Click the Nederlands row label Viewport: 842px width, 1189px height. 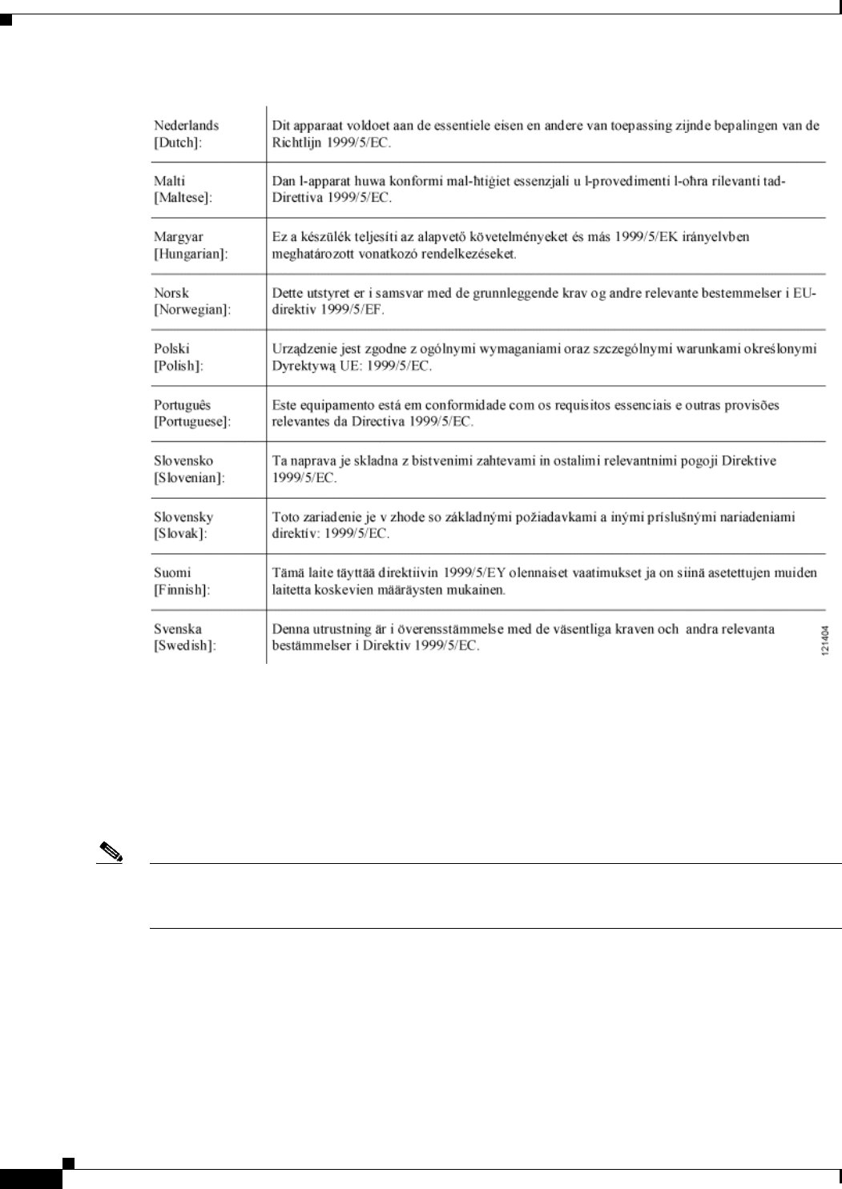(x=186, y=126)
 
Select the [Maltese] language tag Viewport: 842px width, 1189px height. (x=183, y=198)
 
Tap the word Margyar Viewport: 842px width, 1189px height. (x=179, y=237)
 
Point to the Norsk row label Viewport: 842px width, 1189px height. (x=171, y=293)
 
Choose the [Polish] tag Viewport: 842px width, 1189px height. (x=177, y=365)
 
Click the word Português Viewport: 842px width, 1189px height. (x=182, y=405)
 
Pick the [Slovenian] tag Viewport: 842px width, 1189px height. (x=189, y=477)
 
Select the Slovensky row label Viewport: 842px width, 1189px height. (x=183, y=517)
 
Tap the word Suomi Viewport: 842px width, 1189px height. (x=172, y=573)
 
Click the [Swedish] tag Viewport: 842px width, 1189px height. (x=184, y=645)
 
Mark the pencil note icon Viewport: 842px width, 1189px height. (x=108, y=854)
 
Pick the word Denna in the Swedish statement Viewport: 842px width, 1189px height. (x=290, y=629)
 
